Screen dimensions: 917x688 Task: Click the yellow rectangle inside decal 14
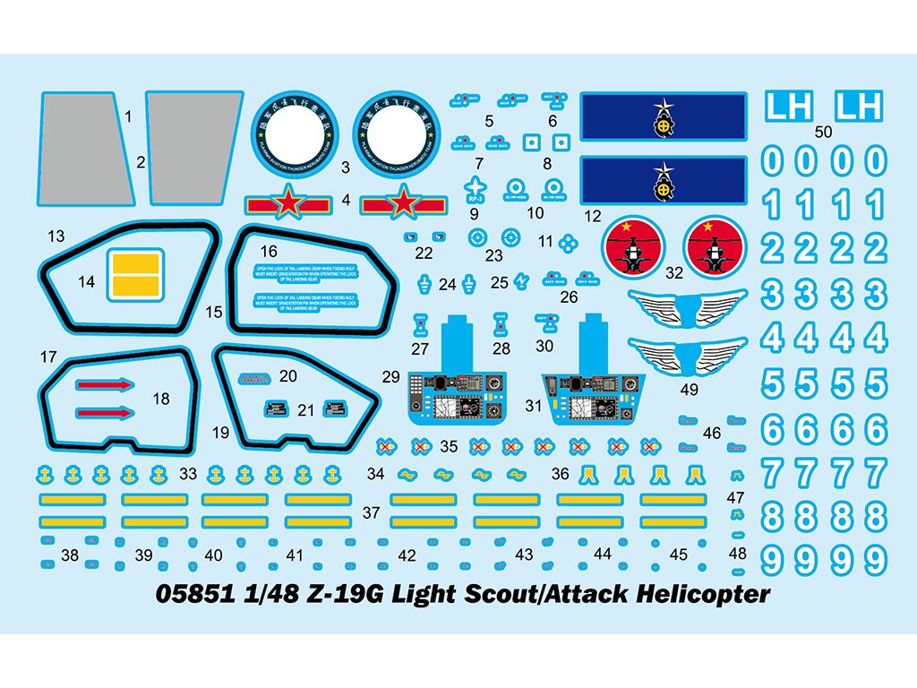[x=134, y=275]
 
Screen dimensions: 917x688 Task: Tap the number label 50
[x=825, y=132]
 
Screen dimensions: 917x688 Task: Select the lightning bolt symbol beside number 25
[x=521, y=282]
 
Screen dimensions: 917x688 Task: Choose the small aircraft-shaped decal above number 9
[x=475, y=186]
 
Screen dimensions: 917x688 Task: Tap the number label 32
[x=675, y=271]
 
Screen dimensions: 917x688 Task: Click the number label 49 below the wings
[x=689, y=390]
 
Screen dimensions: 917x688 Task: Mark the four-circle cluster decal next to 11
[x=567, y=242]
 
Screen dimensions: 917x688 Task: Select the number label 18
[x=161, y=399]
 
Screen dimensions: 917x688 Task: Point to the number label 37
[x=372, y=513]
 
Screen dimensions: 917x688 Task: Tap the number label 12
[x=592, y=216]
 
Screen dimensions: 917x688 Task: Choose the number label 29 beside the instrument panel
[x=390, y=377]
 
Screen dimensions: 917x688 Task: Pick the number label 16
[x=269, y=252]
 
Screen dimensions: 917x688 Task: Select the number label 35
[x=449, y=445]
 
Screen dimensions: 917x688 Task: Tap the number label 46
[x=712, y=433]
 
